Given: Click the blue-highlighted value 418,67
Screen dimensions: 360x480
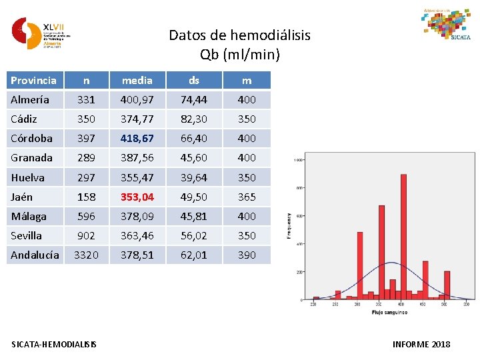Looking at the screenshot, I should click(137, 139).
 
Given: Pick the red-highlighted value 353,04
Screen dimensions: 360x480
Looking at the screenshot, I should click(137, 197).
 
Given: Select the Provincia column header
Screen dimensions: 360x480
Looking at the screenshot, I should click(33, 80).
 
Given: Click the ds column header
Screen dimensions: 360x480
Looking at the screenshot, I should click(194, 80).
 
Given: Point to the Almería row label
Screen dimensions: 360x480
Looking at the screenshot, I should click(30, 100).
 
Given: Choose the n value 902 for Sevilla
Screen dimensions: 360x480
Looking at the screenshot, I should click(86, 235).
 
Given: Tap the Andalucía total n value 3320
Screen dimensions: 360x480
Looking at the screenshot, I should click(86, 255).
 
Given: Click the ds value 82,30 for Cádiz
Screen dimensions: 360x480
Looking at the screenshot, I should click(194, 119).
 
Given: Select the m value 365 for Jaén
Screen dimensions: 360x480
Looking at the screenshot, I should click(247, 197).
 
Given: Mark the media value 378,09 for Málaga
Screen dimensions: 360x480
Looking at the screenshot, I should click(137, 216).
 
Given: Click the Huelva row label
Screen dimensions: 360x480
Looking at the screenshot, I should click(28, 177).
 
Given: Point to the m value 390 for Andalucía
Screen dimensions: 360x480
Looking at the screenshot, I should click(247, 255).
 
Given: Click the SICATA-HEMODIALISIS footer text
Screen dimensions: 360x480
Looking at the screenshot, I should click(54, 344).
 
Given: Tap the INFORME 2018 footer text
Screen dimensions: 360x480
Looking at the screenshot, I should click(421, 344).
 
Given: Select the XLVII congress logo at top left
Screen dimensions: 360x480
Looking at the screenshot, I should click(40, 33).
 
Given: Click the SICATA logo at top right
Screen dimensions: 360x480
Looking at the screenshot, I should click(446, 25).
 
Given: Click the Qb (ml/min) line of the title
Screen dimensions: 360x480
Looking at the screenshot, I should click(239, 54).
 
